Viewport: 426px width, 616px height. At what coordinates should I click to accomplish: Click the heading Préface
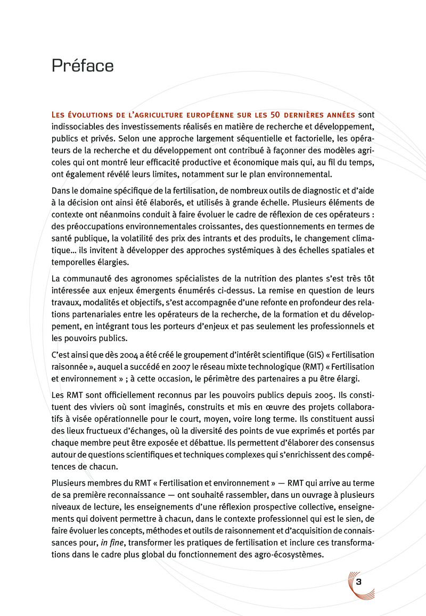[83, 66]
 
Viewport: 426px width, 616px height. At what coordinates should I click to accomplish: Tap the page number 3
[358, 581]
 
